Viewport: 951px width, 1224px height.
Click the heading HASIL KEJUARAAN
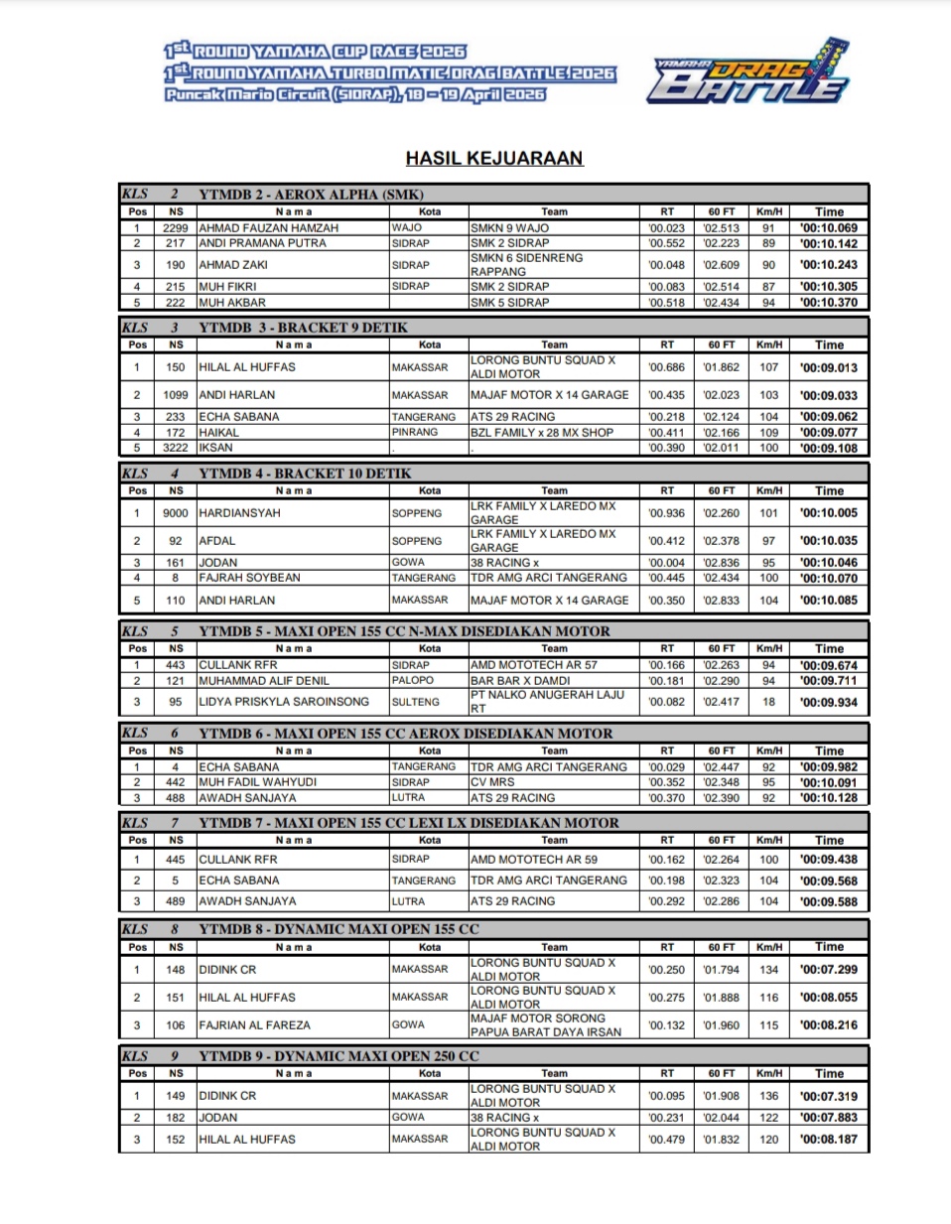pos(493,158)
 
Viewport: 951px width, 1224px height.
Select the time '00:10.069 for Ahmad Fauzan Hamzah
pos(828,228)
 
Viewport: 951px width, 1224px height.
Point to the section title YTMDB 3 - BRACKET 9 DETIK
pos(303,328)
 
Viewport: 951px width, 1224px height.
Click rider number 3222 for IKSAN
pos(176,448)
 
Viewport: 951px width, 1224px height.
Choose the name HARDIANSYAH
pos(239,513)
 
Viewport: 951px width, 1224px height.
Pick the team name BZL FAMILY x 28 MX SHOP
pos(542,433)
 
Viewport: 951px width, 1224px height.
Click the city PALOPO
pos(412,681)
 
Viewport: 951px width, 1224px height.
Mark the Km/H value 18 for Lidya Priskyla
pos(768,702)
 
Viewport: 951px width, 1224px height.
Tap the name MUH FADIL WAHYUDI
pos(257,782)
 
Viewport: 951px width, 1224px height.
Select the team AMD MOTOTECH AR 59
pos(534,860)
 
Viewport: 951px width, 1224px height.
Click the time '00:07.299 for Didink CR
pos(828,970)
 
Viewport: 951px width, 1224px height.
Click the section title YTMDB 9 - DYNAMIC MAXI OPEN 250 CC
pos(339,1056)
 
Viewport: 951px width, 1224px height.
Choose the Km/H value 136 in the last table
pos(768,1096)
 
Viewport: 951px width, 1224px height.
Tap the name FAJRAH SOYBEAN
pos(249,578)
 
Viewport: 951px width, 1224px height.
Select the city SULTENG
pos(415,702)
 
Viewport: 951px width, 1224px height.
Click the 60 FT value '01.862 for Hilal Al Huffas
pos(721,367)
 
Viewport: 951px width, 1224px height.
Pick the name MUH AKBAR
pos(232,303)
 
